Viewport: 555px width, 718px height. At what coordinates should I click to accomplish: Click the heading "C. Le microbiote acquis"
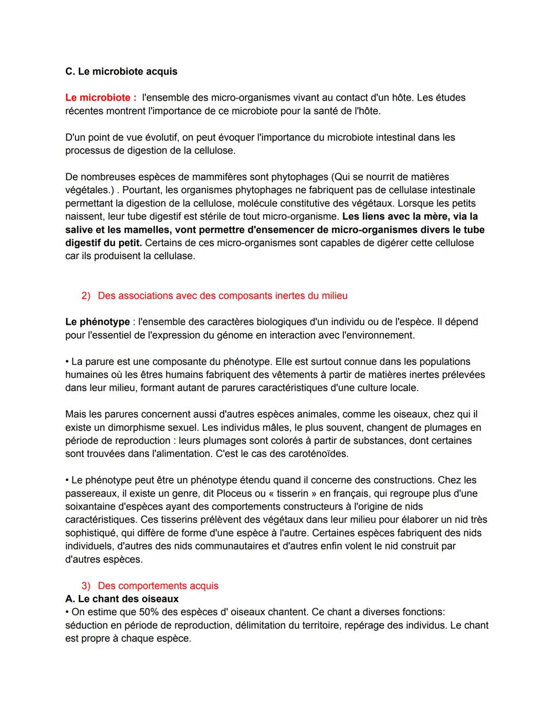[x=121, y=71]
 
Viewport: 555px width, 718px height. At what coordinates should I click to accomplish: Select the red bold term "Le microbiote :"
[x=101, y=98]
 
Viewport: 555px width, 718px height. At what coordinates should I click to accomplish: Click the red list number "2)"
[x=86, y=296]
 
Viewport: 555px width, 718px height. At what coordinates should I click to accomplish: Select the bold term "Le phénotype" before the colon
[x=97, y=322]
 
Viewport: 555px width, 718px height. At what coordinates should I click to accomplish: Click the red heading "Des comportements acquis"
[x=158, y=586]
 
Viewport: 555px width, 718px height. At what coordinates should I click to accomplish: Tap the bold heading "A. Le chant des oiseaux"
[x=122, y=599]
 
